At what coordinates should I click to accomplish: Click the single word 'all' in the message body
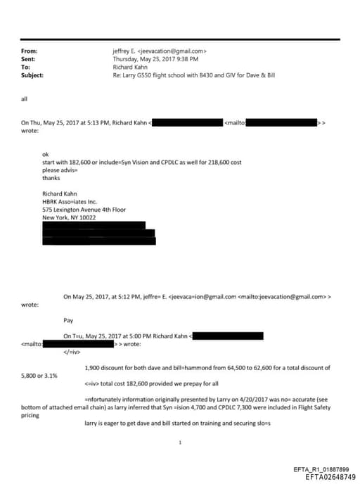point(25,98)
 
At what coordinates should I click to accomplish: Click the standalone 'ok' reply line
point(46,155)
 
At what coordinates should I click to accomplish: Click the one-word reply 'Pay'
point(68,320)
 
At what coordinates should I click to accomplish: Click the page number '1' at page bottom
point(181,442)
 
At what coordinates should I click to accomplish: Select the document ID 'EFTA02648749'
point(330,476)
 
